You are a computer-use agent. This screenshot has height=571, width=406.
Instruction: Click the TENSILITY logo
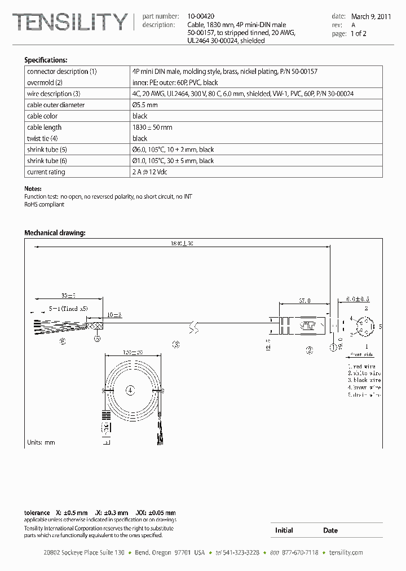[70, 23]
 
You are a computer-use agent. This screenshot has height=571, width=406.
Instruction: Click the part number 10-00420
[201, 17]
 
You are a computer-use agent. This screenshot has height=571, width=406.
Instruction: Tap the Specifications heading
[46, 60]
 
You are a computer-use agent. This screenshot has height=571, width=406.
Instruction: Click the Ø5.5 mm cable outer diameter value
[145, 105]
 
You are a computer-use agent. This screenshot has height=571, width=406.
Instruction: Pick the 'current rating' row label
[46, 172]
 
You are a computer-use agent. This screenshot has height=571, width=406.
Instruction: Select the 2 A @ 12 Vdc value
[149, 172]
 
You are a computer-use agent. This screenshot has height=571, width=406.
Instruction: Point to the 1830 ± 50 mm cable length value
[152, 128]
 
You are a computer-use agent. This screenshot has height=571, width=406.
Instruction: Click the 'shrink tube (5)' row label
[47, 150]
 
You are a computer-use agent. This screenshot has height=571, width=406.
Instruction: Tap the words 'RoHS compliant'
[44, 204]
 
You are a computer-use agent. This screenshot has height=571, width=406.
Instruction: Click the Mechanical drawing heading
[55, 232]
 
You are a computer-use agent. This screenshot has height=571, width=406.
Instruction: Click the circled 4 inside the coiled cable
[130, 389]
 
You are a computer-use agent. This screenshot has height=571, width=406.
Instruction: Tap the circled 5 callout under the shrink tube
[97, 339]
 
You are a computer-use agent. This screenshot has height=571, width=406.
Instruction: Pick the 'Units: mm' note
[41, 442]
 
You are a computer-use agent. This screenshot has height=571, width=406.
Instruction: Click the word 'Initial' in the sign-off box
[284, 530]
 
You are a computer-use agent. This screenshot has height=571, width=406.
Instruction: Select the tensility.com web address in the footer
[346, 552]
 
